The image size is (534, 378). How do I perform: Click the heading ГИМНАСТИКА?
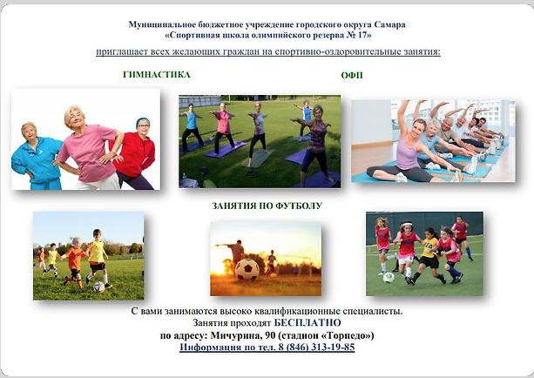click(x=157, y=75)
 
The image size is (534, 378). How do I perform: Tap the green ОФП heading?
click(x=352, y=75)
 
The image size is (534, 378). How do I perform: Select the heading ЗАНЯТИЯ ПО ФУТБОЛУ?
click(x=267, y=206)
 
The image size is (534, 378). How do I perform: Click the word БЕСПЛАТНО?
click(x=308, y=322)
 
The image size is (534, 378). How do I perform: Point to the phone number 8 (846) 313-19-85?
click(x=316, y=347)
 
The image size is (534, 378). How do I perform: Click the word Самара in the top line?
click(x=390, y=24)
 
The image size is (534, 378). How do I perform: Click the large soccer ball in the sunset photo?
click(x=247, y=269)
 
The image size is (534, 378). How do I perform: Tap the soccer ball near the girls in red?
click(x=389, y=278)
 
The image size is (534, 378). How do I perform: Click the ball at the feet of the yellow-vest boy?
click(x=98, y=287)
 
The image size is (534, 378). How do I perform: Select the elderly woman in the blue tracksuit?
click(x=36, y=157)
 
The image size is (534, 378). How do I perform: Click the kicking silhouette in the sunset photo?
click(x=235, y=253)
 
